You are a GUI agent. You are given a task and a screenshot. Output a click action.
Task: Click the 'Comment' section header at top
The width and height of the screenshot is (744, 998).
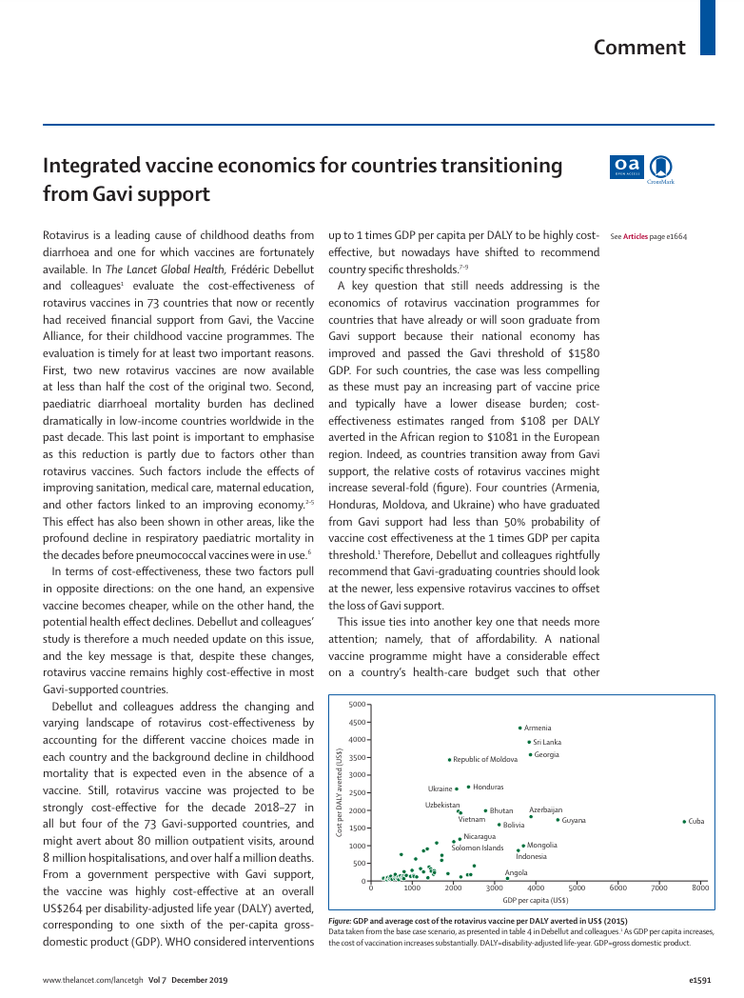click(x=639, y=48)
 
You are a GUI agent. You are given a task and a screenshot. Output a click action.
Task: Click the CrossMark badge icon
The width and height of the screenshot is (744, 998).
click(x=661, y=168)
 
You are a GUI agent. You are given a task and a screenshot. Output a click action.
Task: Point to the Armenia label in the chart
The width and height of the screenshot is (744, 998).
click(x=538, y=729)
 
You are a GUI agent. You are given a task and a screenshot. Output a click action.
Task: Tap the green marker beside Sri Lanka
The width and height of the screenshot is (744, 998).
click(x=529, y=742)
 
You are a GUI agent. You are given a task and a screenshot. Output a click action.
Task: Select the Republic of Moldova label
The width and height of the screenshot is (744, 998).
click(x=484, y=760)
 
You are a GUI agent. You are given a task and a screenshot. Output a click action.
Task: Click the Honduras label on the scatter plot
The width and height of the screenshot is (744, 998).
click(x=488, y=788)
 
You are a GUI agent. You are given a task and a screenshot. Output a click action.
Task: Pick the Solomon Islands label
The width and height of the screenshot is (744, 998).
click(x=477, y=848)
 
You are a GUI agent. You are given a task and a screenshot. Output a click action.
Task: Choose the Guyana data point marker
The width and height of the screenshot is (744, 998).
click(x=558, y=820)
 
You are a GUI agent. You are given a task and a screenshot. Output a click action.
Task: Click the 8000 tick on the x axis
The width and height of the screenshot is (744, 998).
click(x=700, y=888)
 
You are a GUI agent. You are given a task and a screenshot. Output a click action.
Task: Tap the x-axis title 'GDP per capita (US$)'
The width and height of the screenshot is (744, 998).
click(x=536, y=900)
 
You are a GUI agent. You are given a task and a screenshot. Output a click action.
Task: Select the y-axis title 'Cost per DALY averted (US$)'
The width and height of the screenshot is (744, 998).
click(x=340, y=793)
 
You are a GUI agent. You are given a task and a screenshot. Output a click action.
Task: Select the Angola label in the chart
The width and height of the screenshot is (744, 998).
click(x=516, y=872)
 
